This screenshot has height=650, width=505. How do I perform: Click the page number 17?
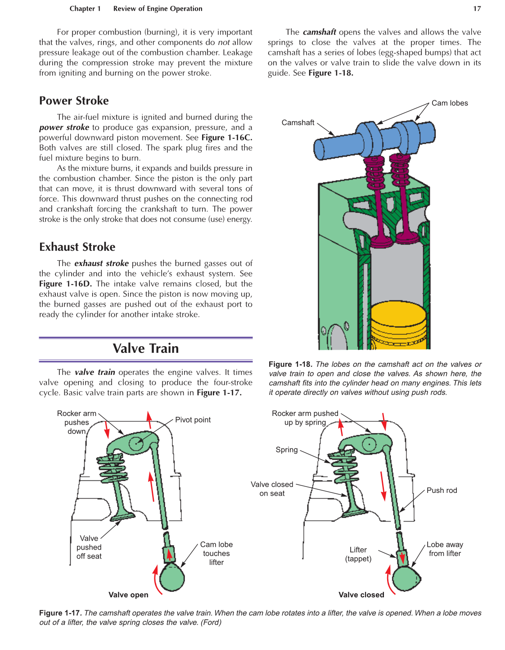477,9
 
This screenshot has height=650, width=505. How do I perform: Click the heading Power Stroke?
74,100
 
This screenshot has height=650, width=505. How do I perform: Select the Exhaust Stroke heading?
77,247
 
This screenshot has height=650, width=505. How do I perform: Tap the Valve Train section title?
145,348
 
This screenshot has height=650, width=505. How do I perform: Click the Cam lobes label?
449,103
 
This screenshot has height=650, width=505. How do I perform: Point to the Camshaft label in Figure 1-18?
298,122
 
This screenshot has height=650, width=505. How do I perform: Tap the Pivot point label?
193,420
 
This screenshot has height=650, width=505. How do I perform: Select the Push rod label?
442,490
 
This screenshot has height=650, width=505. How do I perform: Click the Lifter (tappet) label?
358,554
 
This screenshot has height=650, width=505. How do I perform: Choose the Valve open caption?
128,595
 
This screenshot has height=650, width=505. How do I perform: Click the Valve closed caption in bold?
361,595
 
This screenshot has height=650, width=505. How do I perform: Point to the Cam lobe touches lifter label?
216,553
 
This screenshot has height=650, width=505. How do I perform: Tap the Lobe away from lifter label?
445,549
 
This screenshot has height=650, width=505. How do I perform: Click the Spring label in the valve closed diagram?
287,450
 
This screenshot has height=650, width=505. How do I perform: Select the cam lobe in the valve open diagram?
172,578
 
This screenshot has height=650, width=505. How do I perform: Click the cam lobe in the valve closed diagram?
406,578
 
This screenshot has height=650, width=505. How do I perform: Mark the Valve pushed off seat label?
89,547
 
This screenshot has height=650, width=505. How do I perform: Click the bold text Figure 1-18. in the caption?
290,364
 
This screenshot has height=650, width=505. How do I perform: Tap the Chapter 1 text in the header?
85,9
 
